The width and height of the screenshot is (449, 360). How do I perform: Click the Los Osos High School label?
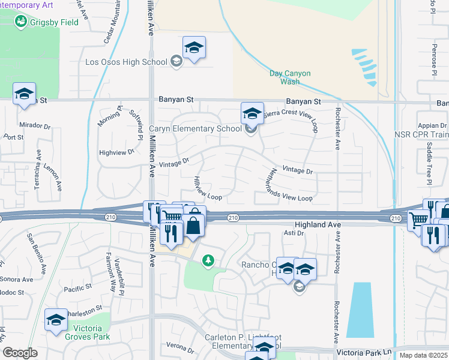126,62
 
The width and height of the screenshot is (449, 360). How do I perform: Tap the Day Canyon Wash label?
290,77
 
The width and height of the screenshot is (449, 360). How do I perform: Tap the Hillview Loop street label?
208,188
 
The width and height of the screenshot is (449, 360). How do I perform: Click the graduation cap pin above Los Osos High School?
194,48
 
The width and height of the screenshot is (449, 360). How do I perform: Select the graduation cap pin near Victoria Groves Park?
56,320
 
